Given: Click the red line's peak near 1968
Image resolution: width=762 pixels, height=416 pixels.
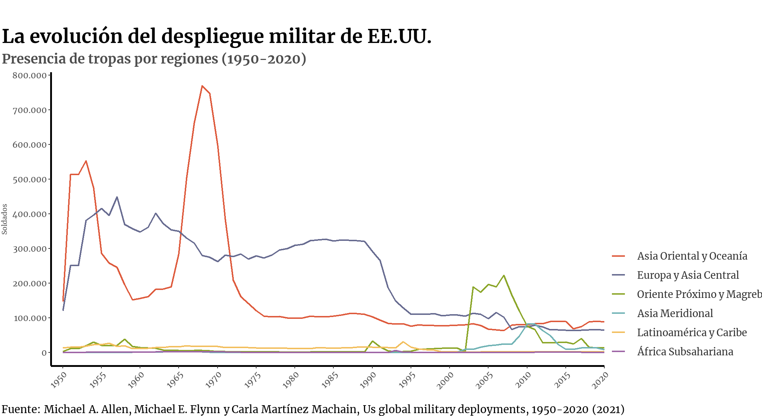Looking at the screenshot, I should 202,86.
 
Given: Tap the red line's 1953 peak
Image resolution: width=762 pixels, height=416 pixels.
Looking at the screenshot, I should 86,161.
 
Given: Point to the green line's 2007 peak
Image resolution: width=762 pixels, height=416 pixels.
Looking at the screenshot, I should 504,276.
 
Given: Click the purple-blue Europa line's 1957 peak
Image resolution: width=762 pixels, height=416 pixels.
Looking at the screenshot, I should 117,197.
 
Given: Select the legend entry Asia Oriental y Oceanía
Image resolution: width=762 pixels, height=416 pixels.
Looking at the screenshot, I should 692,256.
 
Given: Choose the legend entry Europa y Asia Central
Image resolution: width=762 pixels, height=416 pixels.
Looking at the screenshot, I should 688,275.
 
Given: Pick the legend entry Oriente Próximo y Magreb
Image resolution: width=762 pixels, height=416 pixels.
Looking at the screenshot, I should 699,294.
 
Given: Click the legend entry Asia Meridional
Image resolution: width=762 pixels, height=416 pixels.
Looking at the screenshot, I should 675,313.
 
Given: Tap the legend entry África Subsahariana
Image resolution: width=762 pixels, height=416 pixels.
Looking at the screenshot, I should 685,352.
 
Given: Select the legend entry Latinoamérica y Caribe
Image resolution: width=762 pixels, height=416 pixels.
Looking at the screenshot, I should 692,333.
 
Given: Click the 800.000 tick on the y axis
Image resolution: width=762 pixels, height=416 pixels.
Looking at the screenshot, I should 30,75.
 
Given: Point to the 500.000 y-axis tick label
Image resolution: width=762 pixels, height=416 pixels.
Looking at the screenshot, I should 30,179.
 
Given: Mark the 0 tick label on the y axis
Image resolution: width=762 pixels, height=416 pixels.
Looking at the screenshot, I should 44,353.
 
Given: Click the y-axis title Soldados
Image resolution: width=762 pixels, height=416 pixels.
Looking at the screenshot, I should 5,219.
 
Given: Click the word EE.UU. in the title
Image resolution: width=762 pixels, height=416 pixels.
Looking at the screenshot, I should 399,36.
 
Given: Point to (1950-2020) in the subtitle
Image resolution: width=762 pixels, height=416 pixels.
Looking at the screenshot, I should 264,59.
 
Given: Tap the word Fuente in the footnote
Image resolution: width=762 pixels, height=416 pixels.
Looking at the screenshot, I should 21,409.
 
